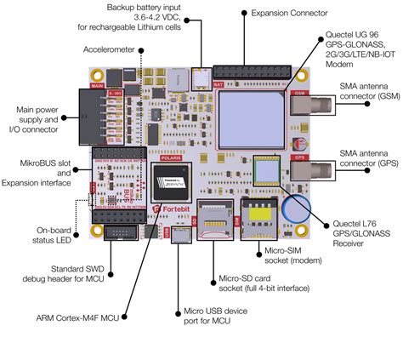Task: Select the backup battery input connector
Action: click(201, 79)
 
